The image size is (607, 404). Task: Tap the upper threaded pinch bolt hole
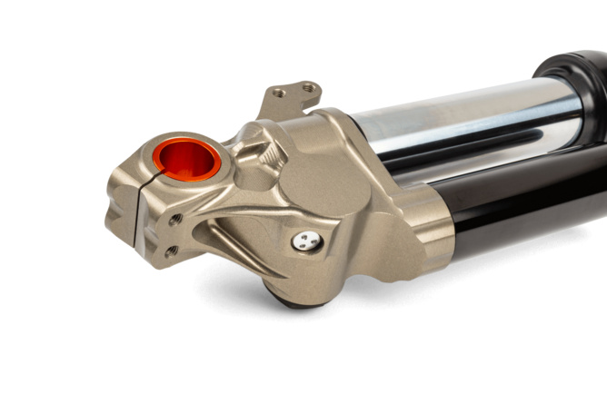pos(175,219)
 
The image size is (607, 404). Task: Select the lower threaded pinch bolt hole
pos(170,251)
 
